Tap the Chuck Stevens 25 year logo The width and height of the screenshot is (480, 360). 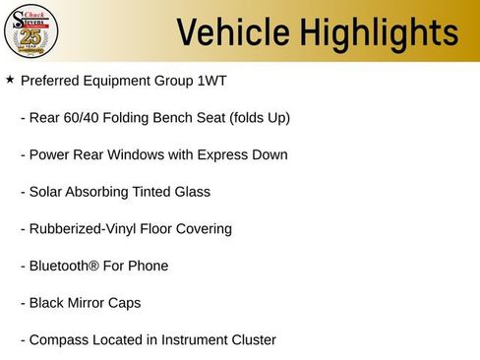tap(31, 30)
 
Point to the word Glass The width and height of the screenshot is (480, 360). tap(191, 192)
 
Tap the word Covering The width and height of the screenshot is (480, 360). tap(203, 229)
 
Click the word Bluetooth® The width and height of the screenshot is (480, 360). tap(65, 266)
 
